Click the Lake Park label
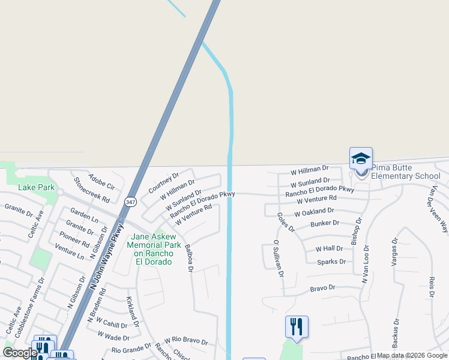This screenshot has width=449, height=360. pyautogui.click(x=37, y=187)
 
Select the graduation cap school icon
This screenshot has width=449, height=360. pyautogui.click(x=361, y=158)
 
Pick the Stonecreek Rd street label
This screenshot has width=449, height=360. pyautogui.click(x=92, y=189)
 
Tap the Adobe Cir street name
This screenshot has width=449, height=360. pyautogui.click(x=101, y=178)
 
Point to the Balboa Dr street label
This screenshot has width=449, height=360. pyautogui.click(x=189, y=258)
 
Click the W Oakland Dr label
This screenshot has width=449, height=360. pyautogui.click(x=314, y=212)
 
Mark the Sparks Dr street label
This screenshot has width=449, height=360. pyautogui.click(x=331, y=262)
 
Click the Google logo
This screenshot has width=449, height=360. pyautogui.click(x=20, y=353)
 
